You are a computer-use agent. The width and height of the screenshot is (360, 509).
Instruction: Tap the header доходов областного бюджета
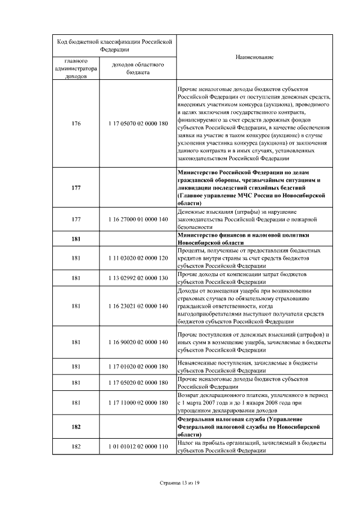[x=138, y=69]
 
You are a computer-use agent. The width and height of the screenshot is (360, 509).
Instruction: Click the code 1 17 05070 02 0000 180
[x=138, y=124]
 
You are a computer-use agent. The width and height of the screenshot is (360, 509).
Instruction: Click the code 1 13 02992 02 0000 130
[x=138, y=278]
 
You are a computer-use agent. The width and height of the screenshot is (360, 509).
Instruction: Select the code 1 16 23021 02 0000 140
[x=138, y=306]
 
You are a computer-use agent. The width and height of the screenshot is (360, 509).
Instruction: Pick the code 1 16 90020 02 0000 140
[x=138, y=342]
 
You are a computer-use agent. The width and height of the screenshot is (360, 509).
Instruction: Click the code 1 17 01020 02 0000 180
[x=138, y=367]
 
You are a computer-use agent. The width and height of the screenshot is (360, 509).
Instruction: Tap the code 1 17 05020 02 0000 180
[x=138, y=382]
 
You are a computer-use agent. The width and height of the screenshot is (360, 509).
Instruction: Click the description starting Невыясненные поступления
[x=247, y=367]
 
